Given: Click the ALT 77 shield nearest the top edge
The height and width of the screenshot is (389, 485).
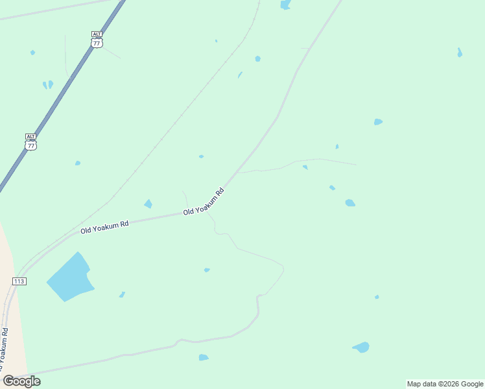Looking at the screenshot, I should pos(97,40).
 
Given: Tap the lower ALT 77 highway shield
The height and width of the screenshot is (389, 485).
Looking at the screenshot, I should pos(31,142).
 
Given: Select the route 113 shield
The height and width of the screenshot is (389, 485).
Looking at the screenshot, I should pos(19,281).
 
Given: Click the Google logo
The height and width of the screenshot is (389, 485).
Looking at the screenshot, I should pos(21,381).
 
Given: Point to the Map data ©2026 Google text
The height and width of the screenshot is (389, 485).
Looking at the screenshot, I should pos(445,384).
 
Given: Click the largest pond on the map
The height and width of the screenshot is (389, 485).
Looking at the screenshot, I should pos(69,277).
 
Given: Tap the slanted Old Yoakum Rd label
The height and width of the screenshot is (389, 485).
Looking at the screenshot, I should pos(204,202).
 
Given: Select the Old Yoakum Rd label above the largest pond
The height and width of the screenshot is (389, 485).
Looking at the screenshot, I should pos(104,226).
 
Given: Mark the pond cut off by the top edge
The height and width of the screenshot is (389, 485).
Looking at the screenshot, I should pos(285,5).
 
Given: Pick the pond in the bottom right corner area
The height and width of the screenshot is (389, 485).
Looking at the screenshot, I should pos(362,348).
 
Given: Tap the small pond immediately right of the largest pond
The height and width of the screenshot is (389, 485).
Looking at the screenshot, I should pos(122,294).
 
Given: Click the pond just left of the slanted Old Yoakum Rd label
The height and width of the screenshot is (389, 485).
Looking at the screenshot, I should pos(148,204).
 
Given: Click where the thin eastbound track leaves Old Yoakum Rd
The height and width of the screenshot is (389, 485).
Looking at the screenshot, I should pos(237,173).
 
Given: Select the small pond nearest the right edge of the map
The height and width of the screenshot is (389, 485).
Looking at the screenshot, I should pos(460,53).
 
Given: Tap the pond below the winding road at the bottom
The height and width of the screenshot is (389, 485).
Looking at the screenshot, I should pos(204,357).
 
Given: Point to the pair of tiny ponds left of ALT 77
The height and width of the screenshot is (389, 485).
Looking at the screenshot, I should pos(48,84).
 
